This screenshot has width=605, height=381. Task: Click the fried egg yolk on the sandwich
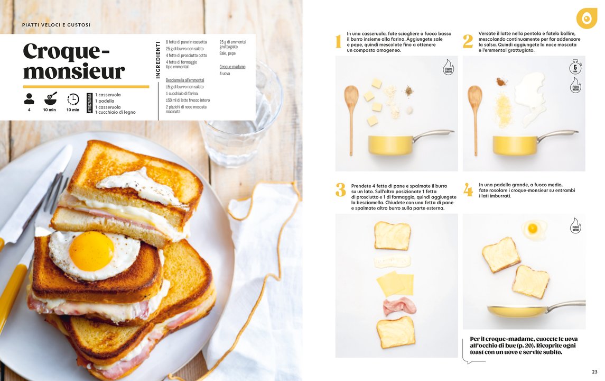[x=91, y=251]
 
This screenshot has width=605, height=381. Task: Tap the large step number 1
[x=338, y=41]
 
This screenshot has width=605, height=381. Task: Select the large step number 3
[x=340, y=190]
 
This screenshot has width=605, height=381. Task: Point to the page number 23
[x=594, y=371]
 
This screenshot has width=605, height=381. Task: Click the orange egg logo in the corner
[x=587, y=18]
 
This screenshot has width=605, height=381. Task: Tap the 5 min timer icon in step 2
[x=575, y=67]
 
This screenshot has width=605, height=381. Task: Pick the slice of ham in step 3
[x=400, y=306]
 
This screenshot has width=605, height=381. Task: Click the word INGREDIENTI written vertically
[x=157, y=60]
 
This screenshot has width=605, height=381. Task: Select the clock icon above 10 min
[x=73, y=99]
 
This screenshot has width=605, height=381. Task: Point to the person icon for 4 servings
[x=29, y=99]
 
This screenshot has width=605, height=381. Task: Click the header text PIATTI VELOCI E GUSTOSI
[x=57, y=25]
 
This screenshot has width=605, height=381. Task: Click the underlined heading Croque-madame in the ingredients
[x=232, y=67]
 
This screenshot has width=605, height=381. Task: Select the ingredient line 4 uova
[x=225, y=74]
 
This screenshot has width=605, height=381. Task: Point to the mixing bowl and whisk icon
[x=51, y=98]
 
